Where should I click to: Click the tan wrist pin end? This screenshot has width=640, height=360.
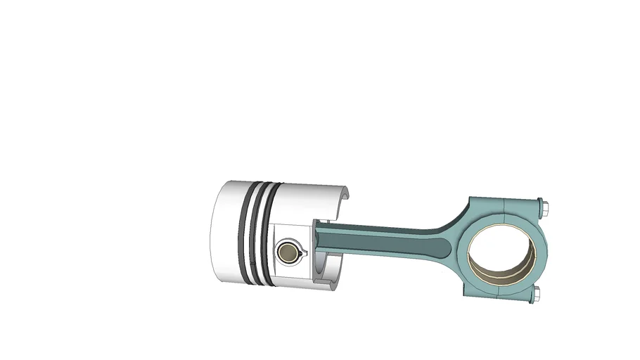(287, 252)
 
